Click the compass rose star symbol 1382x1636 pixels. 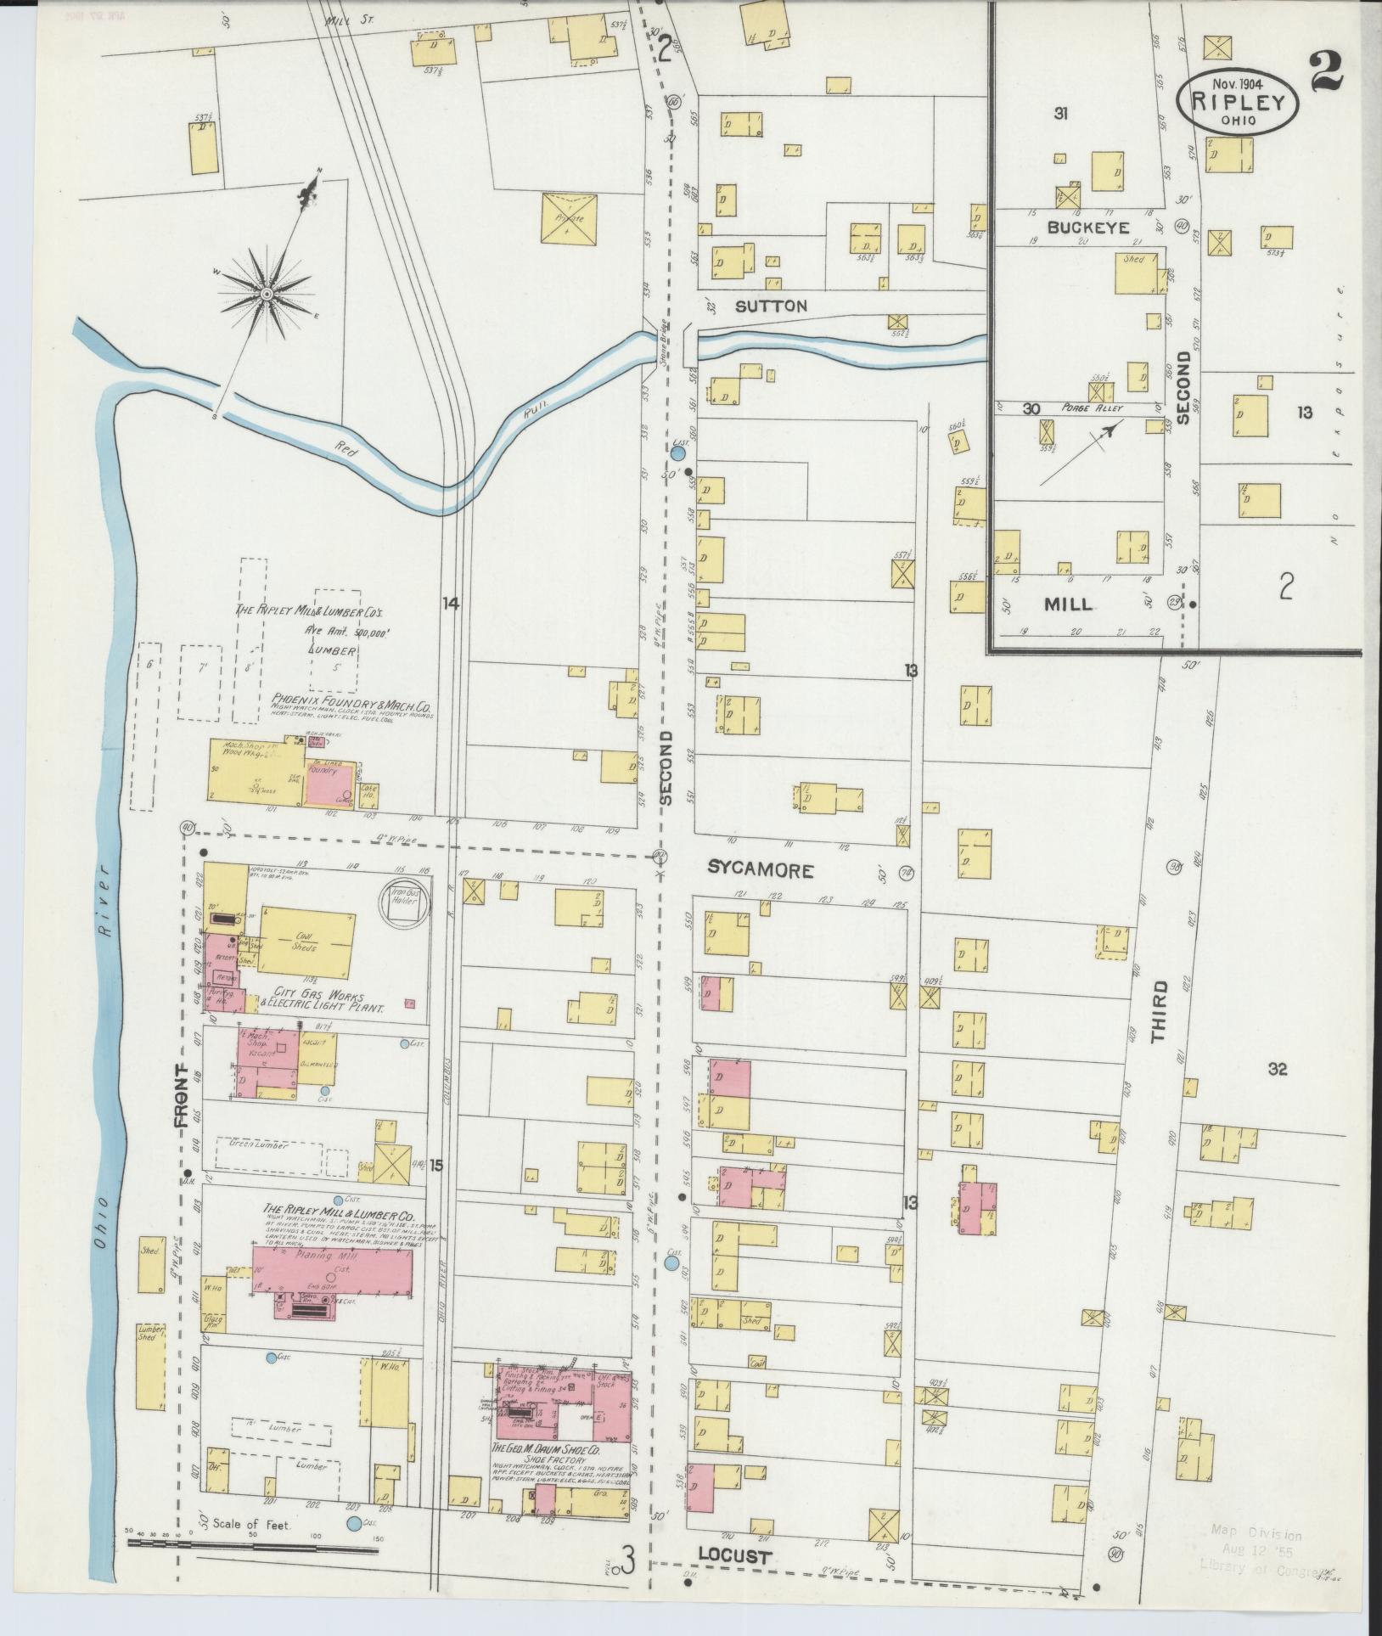pyautogui.click(x=266, y=294)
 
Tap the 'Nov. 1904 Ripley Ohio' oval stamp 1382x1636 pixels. pyautogui.click(x=1237, y=101)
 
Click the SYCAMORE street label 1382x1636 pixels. pyautogui.click(x=761, y=870)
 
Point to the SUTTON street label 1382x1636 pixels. pyautogui.click(x=771, y=306)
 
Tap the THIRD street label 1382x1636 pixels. pyautogui.click(x=1160, y=1011)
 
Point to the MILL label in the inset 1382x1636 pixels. pyautogui.click(x=1068, y=605)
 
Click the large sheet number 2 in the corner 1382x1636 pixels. pyautogui.click(x=1326, y=72)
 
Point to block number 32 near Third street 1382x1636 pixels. pyautogui.click(x=1278, y=1070)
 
